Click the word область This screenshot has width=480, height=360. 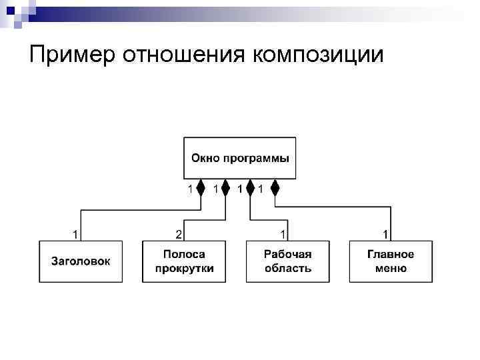click(288, 269)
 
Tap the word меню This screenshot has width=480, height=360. click(391, 269)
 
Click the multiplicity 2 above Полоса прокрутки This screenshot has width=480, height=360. click(179, 234)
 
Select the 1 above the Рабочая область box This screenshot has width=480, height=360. click(283, 234)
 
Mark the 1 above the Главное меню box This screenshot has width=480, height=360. click(385, 234)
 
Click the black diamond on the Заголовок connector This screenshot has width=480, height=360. click(201, 189)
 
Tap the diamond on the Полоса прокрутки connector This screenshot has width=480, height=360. click(225, 189)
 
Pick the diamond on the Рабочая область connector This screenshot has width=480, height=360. click(250, 189)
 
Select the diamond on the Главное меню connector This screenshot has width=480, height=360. click(274, 189)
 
